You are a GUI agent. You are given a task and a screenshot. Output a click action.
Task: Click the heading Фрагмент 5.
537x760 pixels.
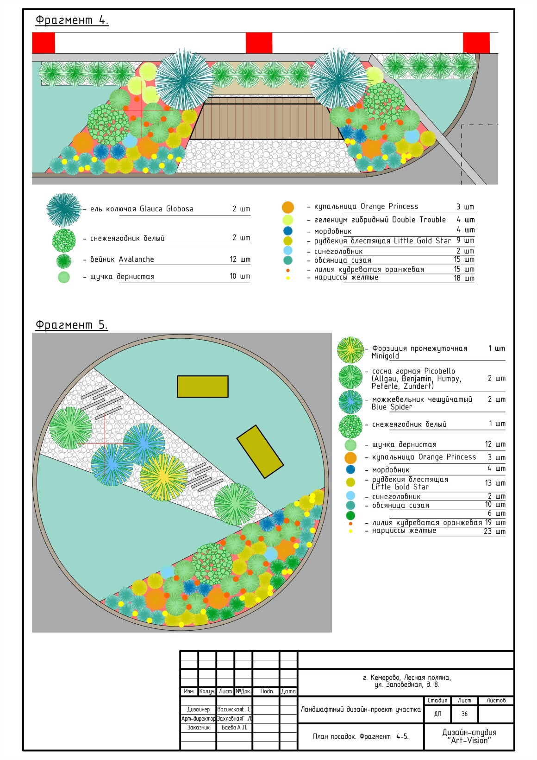coord(71,324)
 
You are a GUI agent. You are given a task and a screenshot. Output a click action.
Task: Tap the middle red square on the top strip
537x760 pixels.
coord(259,43)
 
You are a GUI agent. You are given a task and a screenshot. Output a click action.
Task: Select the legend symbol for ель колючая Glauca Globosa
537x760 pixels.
coord(64,209)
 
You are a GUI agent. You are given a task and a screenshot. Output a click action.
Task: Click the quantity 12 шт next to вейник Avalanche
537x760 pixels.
coord(240,259)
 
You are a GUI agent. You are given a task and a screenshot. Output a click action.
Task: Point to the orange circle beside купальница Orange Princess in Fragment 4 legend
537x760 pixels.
coord(287,207)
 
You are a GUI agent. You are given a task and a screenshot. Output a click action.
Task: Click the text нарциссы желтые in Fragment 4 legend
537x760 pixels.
coord(346,278)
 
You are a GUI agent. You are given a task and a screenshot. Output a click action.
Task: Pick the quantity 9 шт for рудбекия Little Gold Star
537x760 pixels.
coord(465,241)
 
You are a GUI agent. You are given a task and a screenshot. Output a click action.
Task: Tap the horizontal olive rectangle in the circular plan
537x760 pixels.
coord(202,386)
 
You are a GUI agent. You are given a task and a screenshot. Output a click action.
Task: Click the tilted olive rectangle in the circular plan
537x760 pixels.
coord(260,451)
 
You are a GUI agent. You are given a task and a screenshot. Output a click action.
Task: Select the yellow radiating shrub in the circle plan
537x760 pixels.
coord(163,477)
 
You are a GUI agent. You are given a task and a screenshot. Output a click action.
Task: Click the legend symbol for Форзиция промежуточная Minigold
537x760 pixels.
coord(350,350)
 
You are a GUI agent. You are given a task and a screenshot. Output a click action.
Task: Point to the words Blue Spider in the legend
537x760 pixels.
coord(392,407)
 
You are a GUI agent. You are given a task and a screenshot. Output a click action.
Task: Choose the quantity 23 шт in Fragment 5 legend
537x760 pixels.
coord(494,531)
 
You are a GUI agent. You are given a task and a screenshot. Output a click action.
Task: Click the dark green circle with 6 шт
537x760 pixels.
coord(350,515)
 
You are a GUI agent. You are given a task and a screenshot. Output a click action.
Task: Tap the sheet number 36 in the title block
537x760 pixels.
coord(464,714)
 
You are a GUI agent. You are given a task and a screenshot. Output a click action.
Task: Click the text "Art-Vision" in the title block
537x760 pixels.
coord(469,741)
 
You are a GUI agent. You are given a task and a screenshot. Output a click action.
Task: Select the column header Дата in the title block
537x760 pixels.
coord(288,691)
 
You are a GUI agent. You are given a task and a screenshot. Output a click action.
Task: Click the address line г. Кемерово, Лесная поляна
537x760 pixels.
coord(406,677)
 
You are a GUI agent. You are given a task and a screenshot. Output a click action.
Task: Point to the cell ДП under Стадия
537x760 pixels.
coord(437,714)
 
